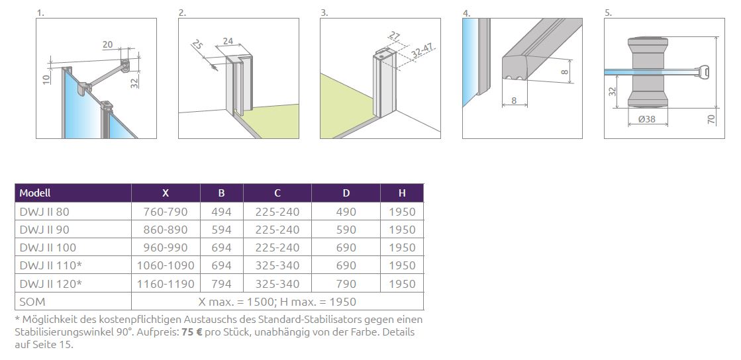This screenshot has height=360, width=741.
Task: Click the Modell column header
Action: pos(35,193)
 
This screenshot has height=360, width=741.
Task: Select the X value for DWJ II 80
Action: pos(166,212)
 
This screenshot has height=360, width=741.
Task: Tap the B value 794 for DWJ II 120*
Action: pos(222,284)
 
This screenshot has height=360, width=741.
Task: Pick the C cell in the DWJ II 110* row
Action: pos(277,265)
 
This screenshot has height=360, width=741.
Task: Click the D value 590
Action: pos(346,230)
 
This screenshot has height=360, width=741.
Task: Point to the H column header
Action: pos(402,193)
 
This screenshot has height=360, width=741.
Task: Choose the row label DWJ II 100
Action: pos(48,247)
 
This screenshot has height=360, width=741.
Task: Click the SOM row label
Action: pos(32,302)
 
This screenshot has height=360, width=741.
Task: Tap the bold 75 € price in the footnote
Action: pos(192,332)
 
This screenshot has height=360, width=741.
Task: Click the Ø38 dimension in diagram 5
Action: pos(646,119)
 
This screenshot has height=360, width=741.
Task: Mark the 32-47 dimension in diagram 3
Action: pos(422,50)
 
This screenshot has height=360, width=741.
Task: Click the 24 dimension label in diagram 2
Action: pos(228,41)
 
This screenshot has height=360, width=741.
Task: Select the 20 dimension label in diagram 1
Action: pos(107,44)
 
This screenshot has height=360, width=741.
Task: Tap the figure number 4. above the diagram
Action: pos(466,13)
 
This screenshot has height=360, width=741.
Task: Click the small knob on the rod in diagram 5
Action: pos(705,72)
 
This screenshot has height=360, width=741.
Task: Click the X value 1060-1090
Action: pos(166,265)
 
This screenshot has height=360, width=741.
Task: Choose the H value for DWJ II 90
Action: pos(402,230)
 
